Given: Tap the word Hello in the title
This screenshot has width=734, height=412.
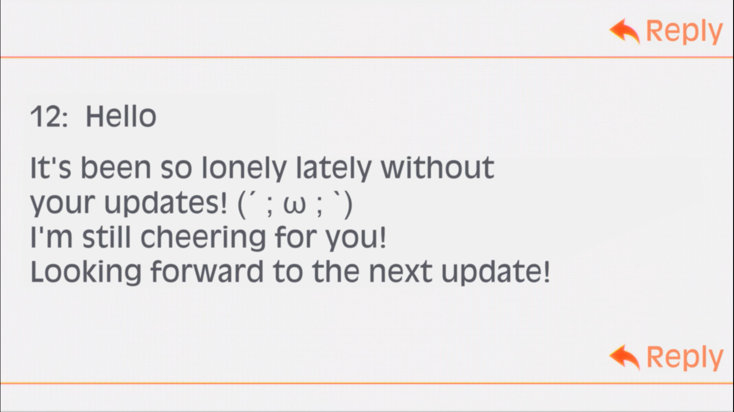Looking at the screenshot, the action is (x=121, y=116).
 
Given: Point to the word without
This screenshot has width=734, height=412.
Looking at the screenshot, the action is (x=437, y=167).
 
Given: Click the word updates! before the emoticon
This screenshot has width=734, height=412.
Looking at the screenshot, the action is (x=165, y=203).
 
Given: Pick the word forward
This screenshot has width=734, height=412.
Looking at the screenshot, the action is (x=207, y=271).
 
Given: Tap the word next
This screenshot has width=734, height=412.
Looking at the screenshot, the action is (x=400, y=272).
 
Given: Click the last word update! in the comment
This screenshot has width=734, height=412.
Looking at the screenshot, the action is (x=495, y=272).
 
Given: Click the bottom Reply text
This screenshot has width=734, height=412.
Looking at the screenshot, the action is (x=685, y=358).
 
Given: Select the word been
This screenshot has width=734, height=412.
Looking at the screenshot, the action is (x=116, y=167).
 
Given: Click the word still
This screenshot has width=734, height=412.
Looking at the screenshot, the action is (x=107, y=237).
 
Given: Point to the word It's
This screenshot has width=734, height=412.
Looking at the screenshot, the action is (x=51, y=167).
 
